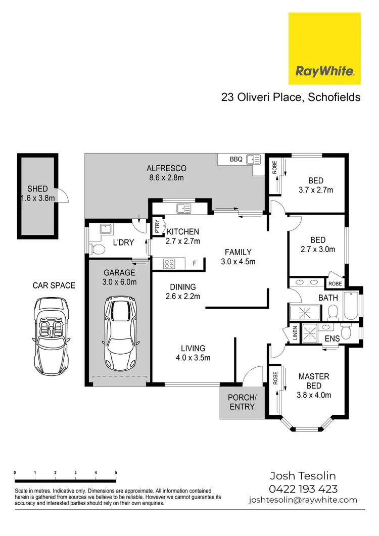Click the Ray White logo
pyautogui.click(x=324, y=48)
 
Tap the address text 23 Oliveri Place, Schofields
pyautogui.click(x=291, y=97)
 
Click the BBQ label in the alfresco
pyautogui.click(x=236, y=159)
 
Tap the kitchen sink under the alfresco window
pyautogui.click(x=182, y=207)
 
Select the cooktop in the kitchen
pyautogui.click(x=169, y=263)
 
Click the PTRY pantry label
pyautogui.click(x=157, y=225)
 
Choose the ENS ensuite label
pyautogui.click(x=331, y=338)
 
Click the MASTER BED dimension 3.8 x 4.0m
pyautogui.click(x=314, y=395)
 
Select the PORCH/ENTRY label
pyautogui.click(x=242, y=402)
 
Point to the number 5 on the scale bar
pyautogui.click(x=116, y=472)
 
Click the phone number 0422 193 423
pyautogui.click(x=303, y=489)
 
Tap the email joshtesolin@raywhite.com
pyautogui.click(x=303, y=500)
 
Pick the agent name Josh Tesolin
pyautogui.click(x=303, y=476)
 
